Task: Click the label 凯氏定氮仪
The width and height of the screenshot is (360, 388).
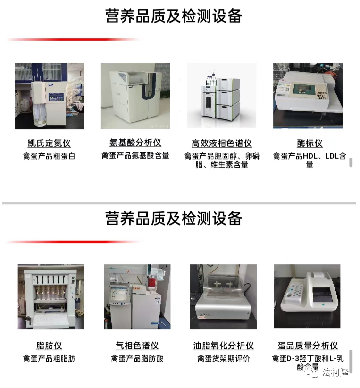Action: (49, 143)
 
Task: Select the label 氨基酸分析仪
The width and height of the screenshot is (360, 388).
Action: (135, 143)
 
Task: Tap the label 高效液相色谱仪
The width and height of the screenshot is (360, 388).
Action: (222, 143)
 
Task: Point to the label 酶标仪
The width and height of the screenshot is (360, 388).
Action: (310, 143)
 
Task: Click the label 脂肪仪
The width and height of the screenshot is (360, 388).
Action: (49, 346)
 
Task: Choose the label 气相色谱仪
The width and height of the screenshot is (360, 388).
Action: (137, 346)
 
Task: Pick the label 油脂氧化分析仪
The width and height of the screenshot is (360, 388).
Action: (224, 346)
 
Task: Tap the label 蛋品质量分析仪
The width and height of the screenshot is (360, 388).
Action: (308, 346)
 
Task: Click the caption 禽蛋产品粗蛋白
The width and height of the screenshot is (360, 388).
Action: (49, 156)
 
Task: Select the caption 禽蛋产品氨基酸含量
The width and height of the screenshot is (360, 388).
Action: (135, 155)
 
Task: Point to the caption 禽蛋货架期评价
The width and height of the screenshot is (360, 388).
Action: (224, 358)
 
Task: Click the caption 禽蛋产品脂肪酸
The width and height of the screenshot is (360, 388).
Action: (137, 358)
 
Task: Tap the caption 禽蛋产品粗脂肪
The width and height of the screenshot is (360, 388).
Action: (49, 358)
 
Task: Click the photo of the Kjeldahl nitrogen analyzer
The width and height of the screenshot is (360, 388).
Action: (49, 96)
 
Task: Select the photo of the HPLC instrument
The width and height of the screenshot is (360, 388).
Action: (221, 95)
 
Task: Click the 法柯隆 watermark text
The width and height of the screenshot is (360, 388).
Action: (335, 372)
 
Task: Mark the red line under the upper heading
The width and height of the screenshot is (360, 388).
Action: (74, 39)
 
